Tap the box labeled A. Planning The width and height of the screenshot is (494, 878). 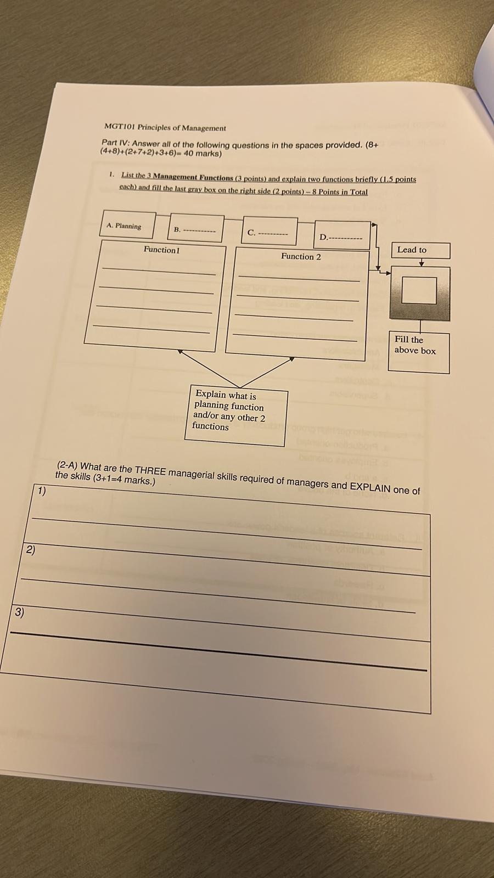[x=127, y=226]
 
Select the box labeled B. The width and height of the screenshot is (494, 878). [x=195, y=229]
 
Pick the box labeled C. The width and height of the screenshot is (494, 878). [x=269, y=232]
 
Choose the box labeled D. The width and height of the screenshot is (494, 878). [x=342, y=237]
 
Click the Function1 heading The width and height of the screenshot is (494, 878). [x=161, y=250]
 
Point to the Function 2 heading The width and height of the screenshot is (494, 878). [x=301, y=256]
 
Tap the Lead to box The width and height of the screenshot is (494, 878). [x=419, y=250]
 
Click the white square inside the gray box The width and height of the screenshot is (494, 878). [x=419, y=290]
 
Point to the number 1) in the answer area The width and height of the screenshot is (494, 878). [x=42, y=491]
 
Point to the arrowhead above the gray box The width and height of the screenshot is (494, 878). [x=421, y=264]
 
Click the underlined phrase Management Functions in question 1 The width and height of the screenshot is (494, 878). [x=193, y=177]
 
